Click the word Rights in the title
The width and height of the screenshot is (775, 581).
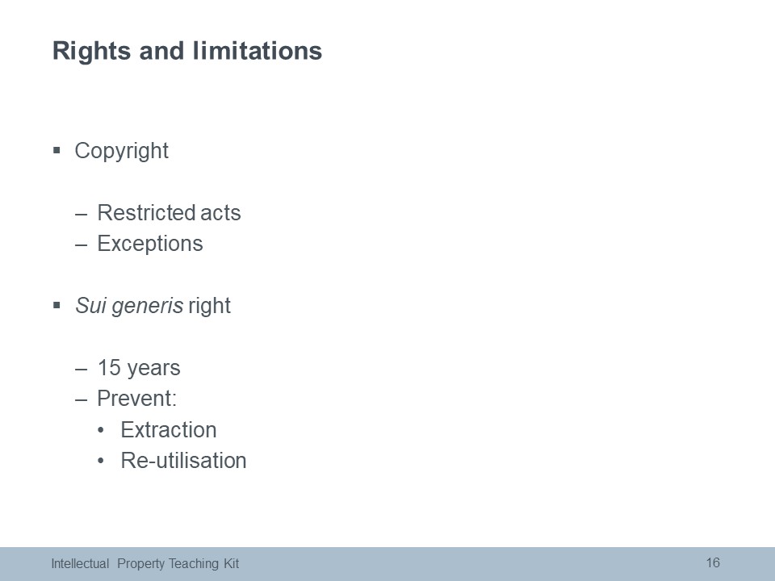pos(91,52)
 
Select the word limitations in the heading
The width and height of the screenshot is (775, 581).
pos(257,50)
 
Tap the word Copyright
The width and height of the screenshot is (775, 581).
pos(122,151)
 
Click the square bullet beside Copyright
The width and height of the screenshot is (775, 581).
pos(57,150)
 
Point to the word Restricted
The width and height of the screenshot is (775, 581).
pos(146,213)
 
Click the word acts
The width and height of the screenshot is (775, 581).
pos(220,213)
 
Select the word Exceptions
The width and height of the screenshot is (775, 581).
pos(150,244)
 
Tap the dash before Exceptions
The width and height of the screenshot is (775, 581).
pos(81,245)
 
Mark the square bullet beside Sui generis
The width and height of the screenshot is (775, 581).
pos(57,305)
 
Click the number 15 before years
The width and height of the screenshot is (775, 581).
pos(109,368)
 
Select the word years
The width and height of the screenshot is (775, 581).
pos(153,370)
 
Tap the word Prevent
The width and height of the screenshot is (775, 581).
pos(135,399)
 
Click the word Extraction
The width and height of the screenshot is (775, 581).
pos(169,430)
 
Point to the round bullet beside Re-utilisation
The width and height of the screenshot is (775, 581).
pos(102,461)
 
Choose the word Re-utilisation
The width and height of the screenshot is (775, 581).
pos(183,461)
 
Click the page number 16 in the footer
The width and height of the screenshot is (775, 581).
pos(713,562)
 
